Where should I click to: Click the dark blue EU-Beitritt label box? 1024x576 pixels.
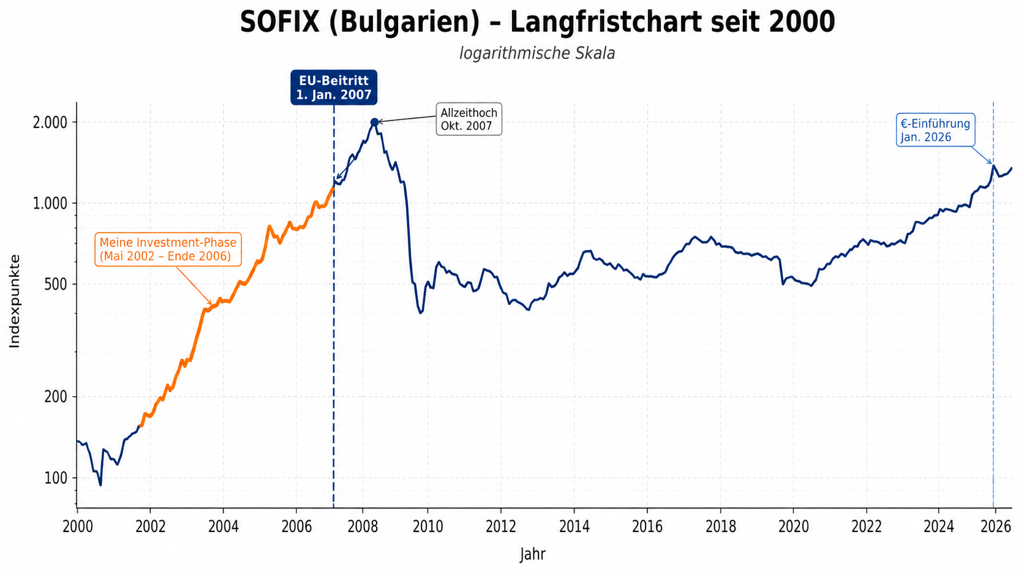pyautogui.click(x=334, y=88)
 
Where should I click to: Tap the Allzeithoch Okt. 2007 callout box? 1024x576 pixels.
pyautogui.click(x=469, y=119)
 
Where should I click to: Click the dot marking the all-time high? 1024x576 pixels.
pyautogui.click(x=374, y=122)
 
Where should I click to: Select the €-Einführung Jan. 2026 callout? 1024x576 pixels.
pyautogui.click(x=935, y=130)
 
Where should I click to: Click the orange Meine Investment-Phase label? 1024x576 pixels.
pyautogui.click(x=168, y=249)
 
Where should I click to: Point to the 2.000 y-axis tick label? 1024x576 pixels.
pyautogui.click(x=50, y=122)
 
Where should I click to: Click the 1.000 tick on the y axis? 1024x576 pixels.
pyautogui.click(x=50, y=203)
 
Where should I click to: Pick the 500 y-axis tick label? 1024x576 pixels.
pyautogui.click(x=56, y=284)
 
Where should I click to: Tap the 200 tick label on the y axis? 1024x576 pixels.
pyautogui.click(x=56, y=397)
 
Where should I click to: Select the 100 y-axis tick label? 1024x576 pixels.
pyautogui.click(x=56, y=478)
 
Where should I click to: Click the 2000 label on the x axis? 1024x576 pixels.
pyautogui.click(x=78, y=526)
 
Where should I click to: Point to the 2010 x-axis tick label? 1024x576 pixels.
pyautogui.click(x=428, y=526)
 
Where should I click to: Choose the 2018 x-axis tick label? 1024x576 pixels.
pyautogui.click(x=721, y=526)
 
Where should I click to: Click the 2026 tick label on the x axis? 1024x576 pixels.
pyautogui.click(x=996, y=526)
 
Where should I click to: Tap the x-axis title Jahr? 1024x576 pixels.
pyautogui.click(x=533, y=554)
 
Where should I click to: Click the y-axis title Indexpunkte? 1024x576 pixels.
pyautogui.click(x=15, y=301)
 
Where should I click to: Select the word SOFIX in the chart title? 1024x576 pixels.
pyautogui.click(x=280, y=21)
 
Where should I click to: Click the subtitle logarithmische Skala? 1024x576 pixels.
pyautogui.click(x=537, y=53)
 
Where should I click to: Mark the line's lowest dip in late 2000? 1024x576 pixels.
pyautogui.click(x=100, y=485)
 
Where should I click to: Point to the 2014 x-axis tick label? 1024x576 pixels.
pyautogui.click(x=574, y=526)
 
